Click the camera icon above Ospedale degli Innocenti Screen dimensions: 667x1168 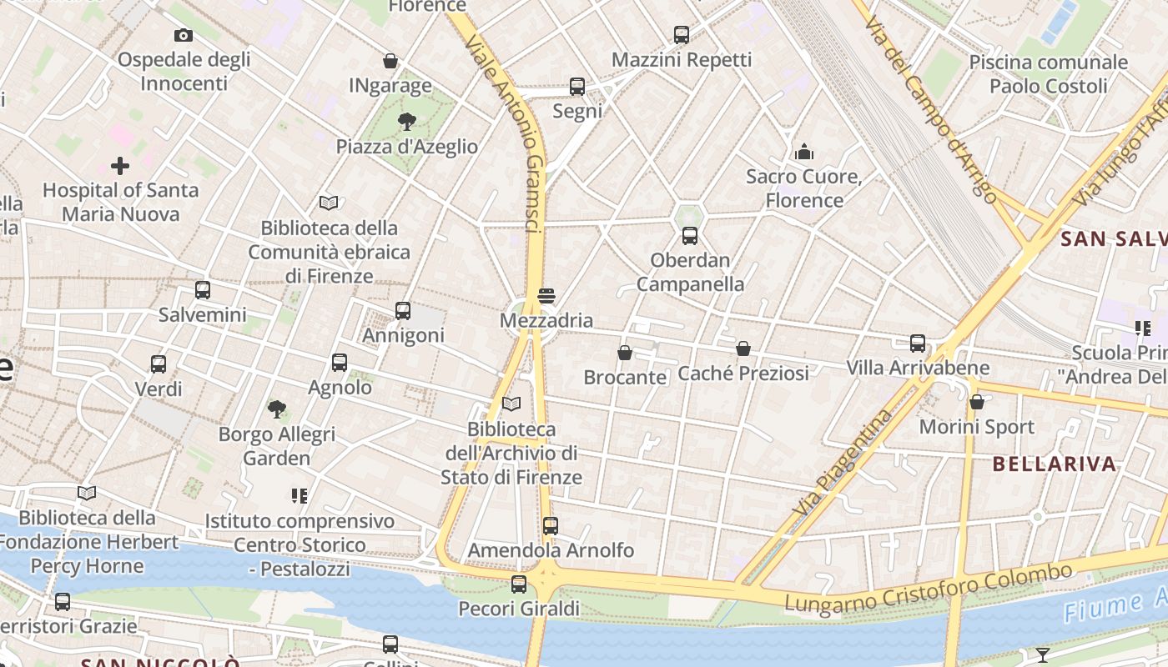click(x=184, y=35)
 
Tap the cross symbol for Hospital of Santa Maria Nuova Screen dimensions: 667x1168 click(x=120, y=166)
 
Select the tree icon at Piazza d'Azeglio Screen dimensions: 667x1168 click(x=407, y=123)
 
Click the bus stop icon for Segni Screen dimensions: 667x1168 click(x=576, y=86)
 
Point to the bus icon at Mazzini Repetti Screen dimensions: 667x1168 click(x=682, y=35)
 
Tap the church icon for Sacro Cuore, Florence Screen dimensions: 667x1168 click(x=804, y=152)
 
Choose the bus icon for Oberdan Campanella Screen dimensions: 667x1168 click(x=689, y=236)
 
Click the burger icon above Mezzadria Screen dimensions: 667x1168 click(x=546, y=296)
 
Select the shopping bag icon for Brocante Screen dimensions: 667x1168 click(x=625, y=353)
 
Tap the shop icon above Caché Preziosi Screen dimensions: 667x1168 click(x=743, y=349)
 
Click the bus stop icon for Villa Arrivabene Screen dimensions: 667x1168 click(x=918, y=343)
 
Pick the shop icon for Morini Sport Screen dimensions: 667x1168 click(x=976, y=402)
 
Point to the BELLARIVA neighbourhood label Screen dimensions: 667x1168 click(x=1055, y=464)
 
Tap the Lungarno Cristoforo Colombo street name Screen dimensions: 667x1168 click(x=928, y=589)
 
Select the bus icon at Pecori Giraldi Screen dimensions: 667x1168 click(x=519, y=584)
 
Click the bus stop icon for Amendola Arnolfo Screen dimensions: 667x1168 click(x=550, y=526)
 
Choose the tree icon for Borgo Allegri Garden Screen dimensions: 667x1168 click(x=277, y=409)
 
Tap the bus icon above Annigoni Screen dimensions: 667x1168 click(x=403, y=311)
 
